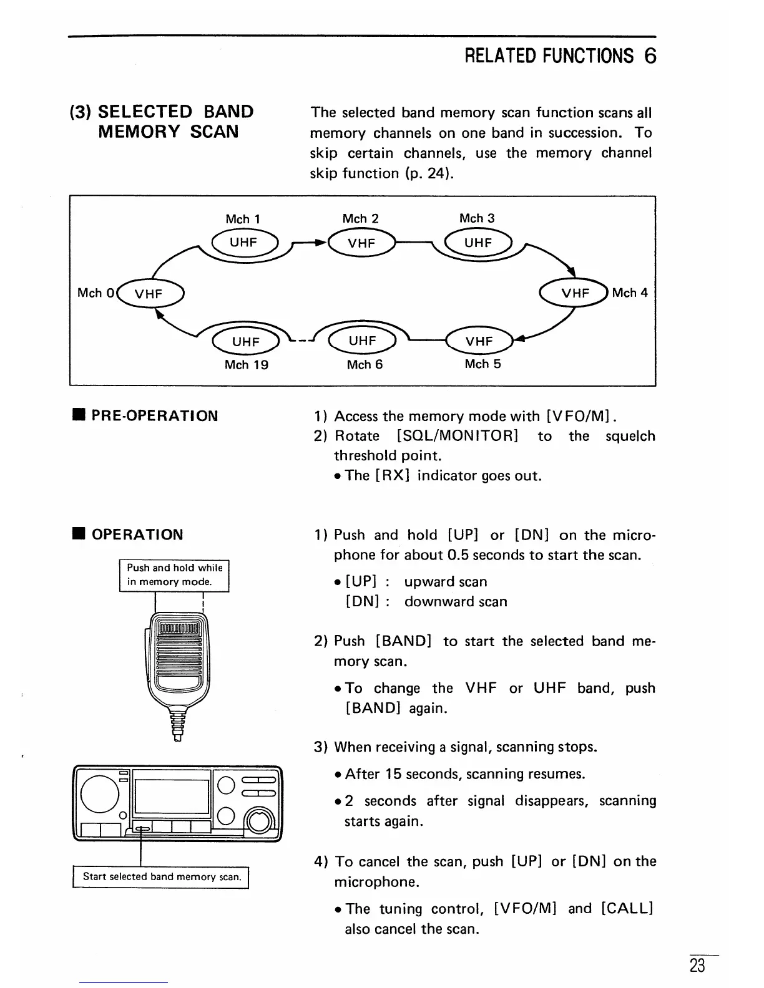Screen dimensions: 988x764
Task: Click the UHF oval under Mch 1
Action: [x=243, y=243]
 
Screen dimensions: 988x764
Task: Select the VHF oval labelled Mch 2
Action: [x=361, y=243]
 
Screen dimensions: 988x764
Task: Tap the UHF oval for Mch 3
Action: [x=478, y=243]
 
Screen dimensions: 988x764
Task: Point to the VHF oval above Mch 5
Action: [x=479, y=341]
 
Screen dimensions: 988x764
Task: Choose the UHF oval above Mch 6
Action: [x=363, y=341]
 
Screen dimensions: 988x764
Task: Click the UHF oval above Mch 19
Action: [x=246, y=341]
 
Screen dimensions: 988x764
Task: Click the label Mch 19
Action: [x=246, y=365]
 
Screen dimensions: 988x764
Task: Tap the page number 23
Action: [x=697, y=966]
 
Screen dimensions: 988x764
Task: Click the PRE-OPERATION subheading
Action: [x=155, y=416]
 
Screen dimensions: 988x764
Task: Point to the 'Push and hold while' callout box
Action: [x=174, y=575]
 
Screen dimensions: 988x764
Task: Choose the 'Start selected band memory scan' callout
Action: [x=161, y=876]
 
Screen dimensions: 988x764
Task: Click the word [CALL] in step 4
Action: [x=627, y=908]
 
